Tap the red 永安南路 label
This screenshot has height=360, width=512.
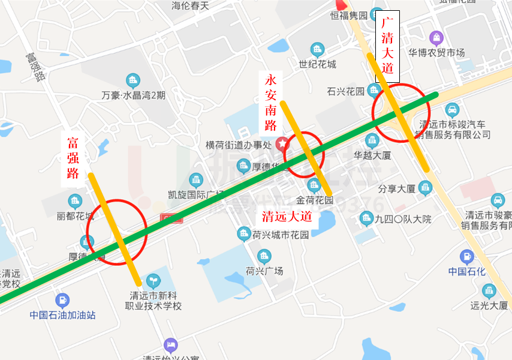(271, 102)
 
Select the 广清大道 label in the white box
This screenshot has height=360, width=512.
(387, 46)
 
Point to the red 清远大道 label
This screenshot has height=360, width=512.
(288, 215)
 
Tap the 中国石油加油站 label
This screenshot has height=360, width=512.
(63, 314)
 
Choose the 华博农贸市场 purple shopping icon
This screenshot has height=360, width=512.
(436, 38)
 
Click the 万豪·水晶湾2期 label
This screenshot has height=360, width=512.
(133, 95)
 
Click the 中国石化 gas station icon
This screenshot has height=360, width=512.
(466, 257)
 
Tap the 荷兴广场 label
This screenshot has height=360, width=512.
(264, 271)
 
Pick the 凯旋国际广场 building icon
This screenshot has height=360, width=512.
(196, 179)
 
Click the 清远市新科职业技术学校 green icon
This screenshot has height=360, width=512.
(154, 280)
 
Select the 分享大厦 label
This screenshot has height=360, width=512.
(396, 188)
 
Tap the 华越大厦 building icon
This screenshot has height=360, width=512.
(372, 141)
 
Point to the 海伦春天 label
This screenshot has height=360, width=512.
(190, 6)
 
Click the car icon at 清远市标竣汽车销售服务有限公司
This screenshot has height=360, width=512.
(453, 110)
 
